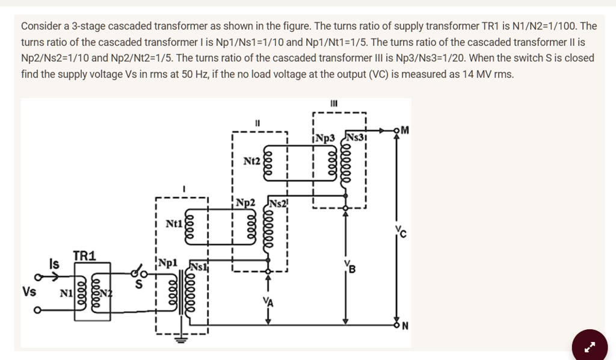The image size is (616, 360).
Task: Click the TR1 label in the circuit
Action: [84, 256]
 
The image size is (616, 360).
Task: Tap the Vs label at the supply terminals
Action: [29, 291]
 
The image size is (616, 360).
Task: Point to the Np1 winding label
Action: [167, 263]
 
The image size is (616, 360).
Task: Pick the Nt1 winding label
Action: [174, 224]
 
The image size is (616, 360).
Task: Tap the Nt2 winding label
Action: [251, 161]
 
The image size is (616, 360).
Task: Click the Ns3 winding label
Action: [355, 138]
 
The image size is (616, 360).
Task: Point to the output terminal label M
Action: [405, 130]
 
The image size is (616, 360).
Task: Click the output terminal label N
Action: [405, 327]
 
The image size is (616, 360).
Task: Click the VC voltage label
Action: [401, 232]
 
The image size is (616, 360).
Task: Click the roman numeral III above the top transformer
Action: [334, 104]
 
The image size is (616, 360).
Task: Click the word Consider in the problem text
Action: [40, 26]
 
